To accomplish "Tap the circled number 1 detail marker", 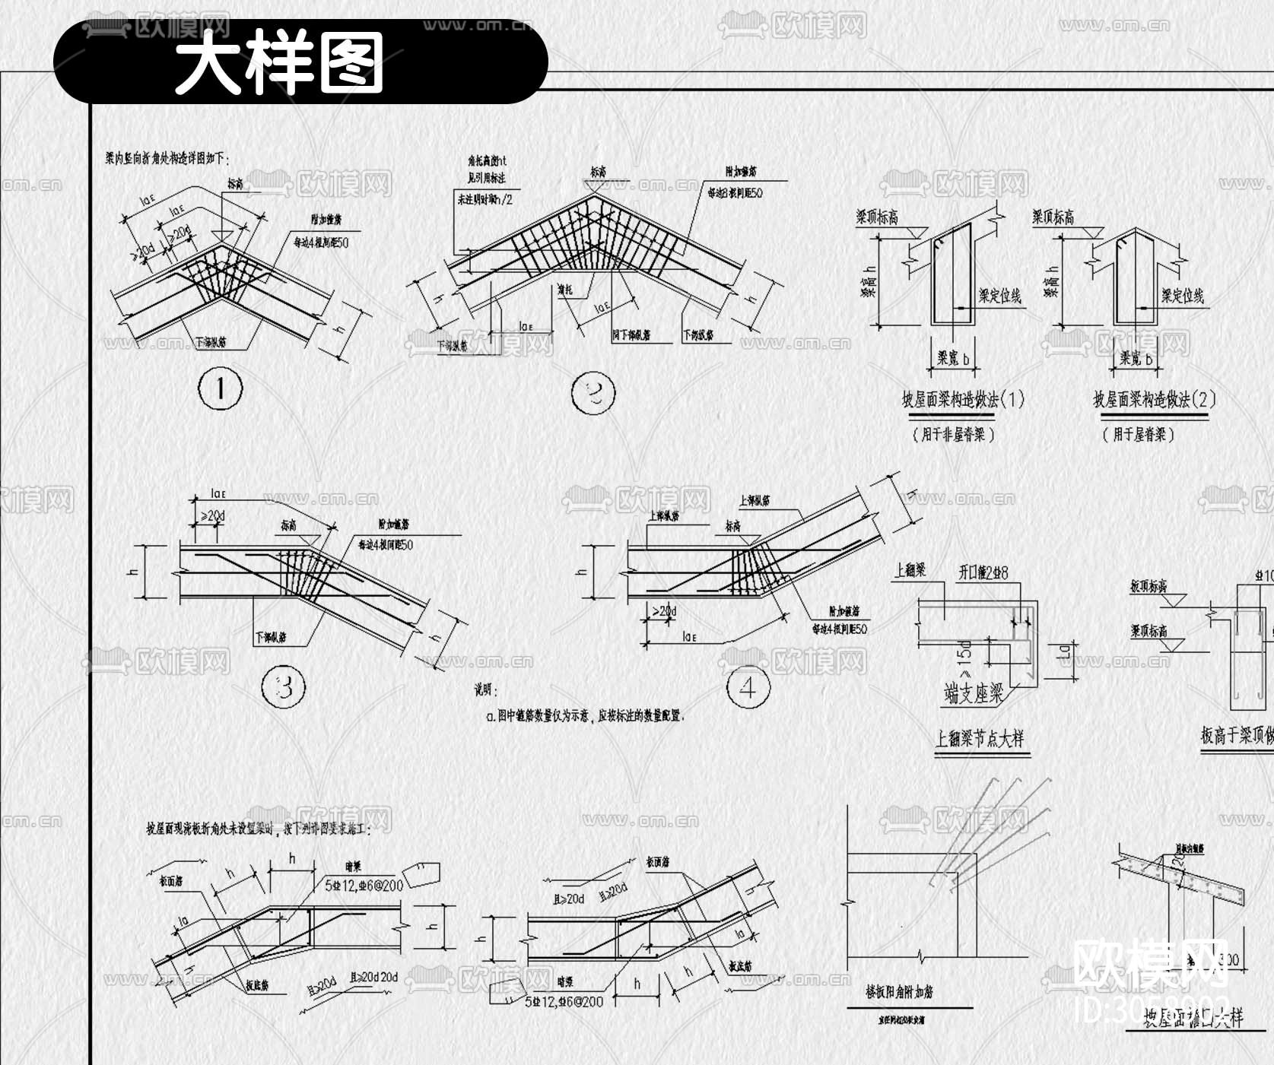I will pyautogui.click(x=221, y=389).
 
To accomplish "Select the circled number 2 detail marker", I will pyautogui.click(x=593, y=393).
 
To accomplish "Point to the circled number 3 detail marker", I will pyautogui.click(x=284, y=687).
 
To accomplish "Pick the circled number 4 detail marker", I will pyautogui.click(x=748, y=688).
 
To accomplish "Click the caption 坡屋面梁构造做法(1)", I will pyautogui.click(x=963, y=400).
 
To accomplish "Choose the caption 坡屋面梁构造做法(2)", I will pyautogui.click(x=1154, y=400).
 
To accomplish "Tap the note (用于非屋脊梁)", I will pyautogui.click(x=954, y=435).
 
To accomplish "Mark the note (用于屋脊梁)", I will pyautogui.click(x=1139, y=435).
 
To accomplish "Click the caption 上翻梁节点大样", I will pyautogui.click(x=980, y=738).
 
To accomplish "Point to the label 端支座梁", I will pyautogui.click(x=974, y=693).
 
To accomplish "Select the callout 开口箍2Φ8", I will pyautogui.click(x=983, y=572).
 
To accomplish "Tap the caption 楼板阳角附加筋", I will pyautogui.click(x=899, y=992).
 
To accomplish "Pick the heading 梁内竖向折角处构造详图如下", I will pyautogui.click(x=167, y=159).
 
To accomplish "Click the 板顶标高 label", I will pyautogui.click(x=1149, y=586).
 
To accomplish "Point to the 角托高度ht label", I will pyautogui.click(x=487, y=161).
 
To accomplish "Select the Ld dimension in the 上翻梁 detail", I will pyautogui.click(x=1066, y=651).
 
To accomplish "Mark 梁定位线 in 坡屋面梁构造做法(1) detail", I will pyautogui.click(x=999, y=296).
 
